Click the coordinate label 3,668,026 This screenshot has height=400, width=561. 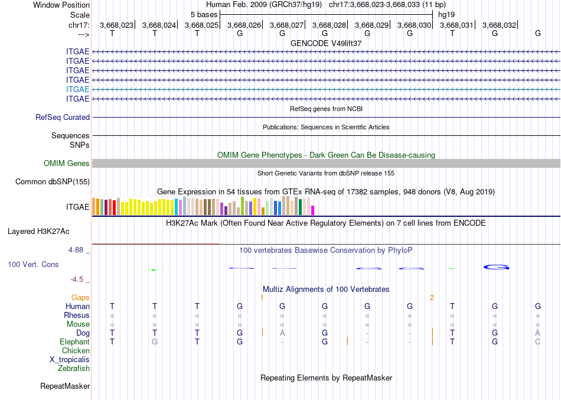coord(244,25)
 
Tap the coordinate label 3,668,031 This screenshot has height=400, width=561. coord(456,25)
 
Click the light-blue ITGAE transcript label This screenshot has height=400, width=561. coord(78,89)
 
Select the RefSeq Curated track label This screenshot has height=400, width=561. coord(63,118)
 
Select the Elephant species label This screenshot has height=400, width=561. coord(74,342)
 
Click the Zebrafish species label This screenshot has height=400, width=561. coord(74,369)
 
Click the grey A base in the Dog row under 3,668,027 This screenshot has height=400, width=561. coord(282,333)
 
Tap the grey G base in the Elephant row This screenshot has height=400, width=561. coord(155,342)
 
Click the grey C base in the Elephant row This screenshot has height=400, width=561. coord(538,342)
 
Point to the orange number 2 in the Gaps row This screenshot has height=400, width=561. coord(432,298)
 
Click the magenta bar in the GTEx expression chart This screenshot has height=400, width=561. coord(313,210)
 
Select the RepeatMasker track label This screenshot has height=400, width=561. coord(65,386)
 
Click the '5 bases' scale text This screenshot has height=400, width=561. coord(204,14)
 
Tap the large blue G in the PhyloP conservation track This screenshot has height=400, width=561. coord(497,267)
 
